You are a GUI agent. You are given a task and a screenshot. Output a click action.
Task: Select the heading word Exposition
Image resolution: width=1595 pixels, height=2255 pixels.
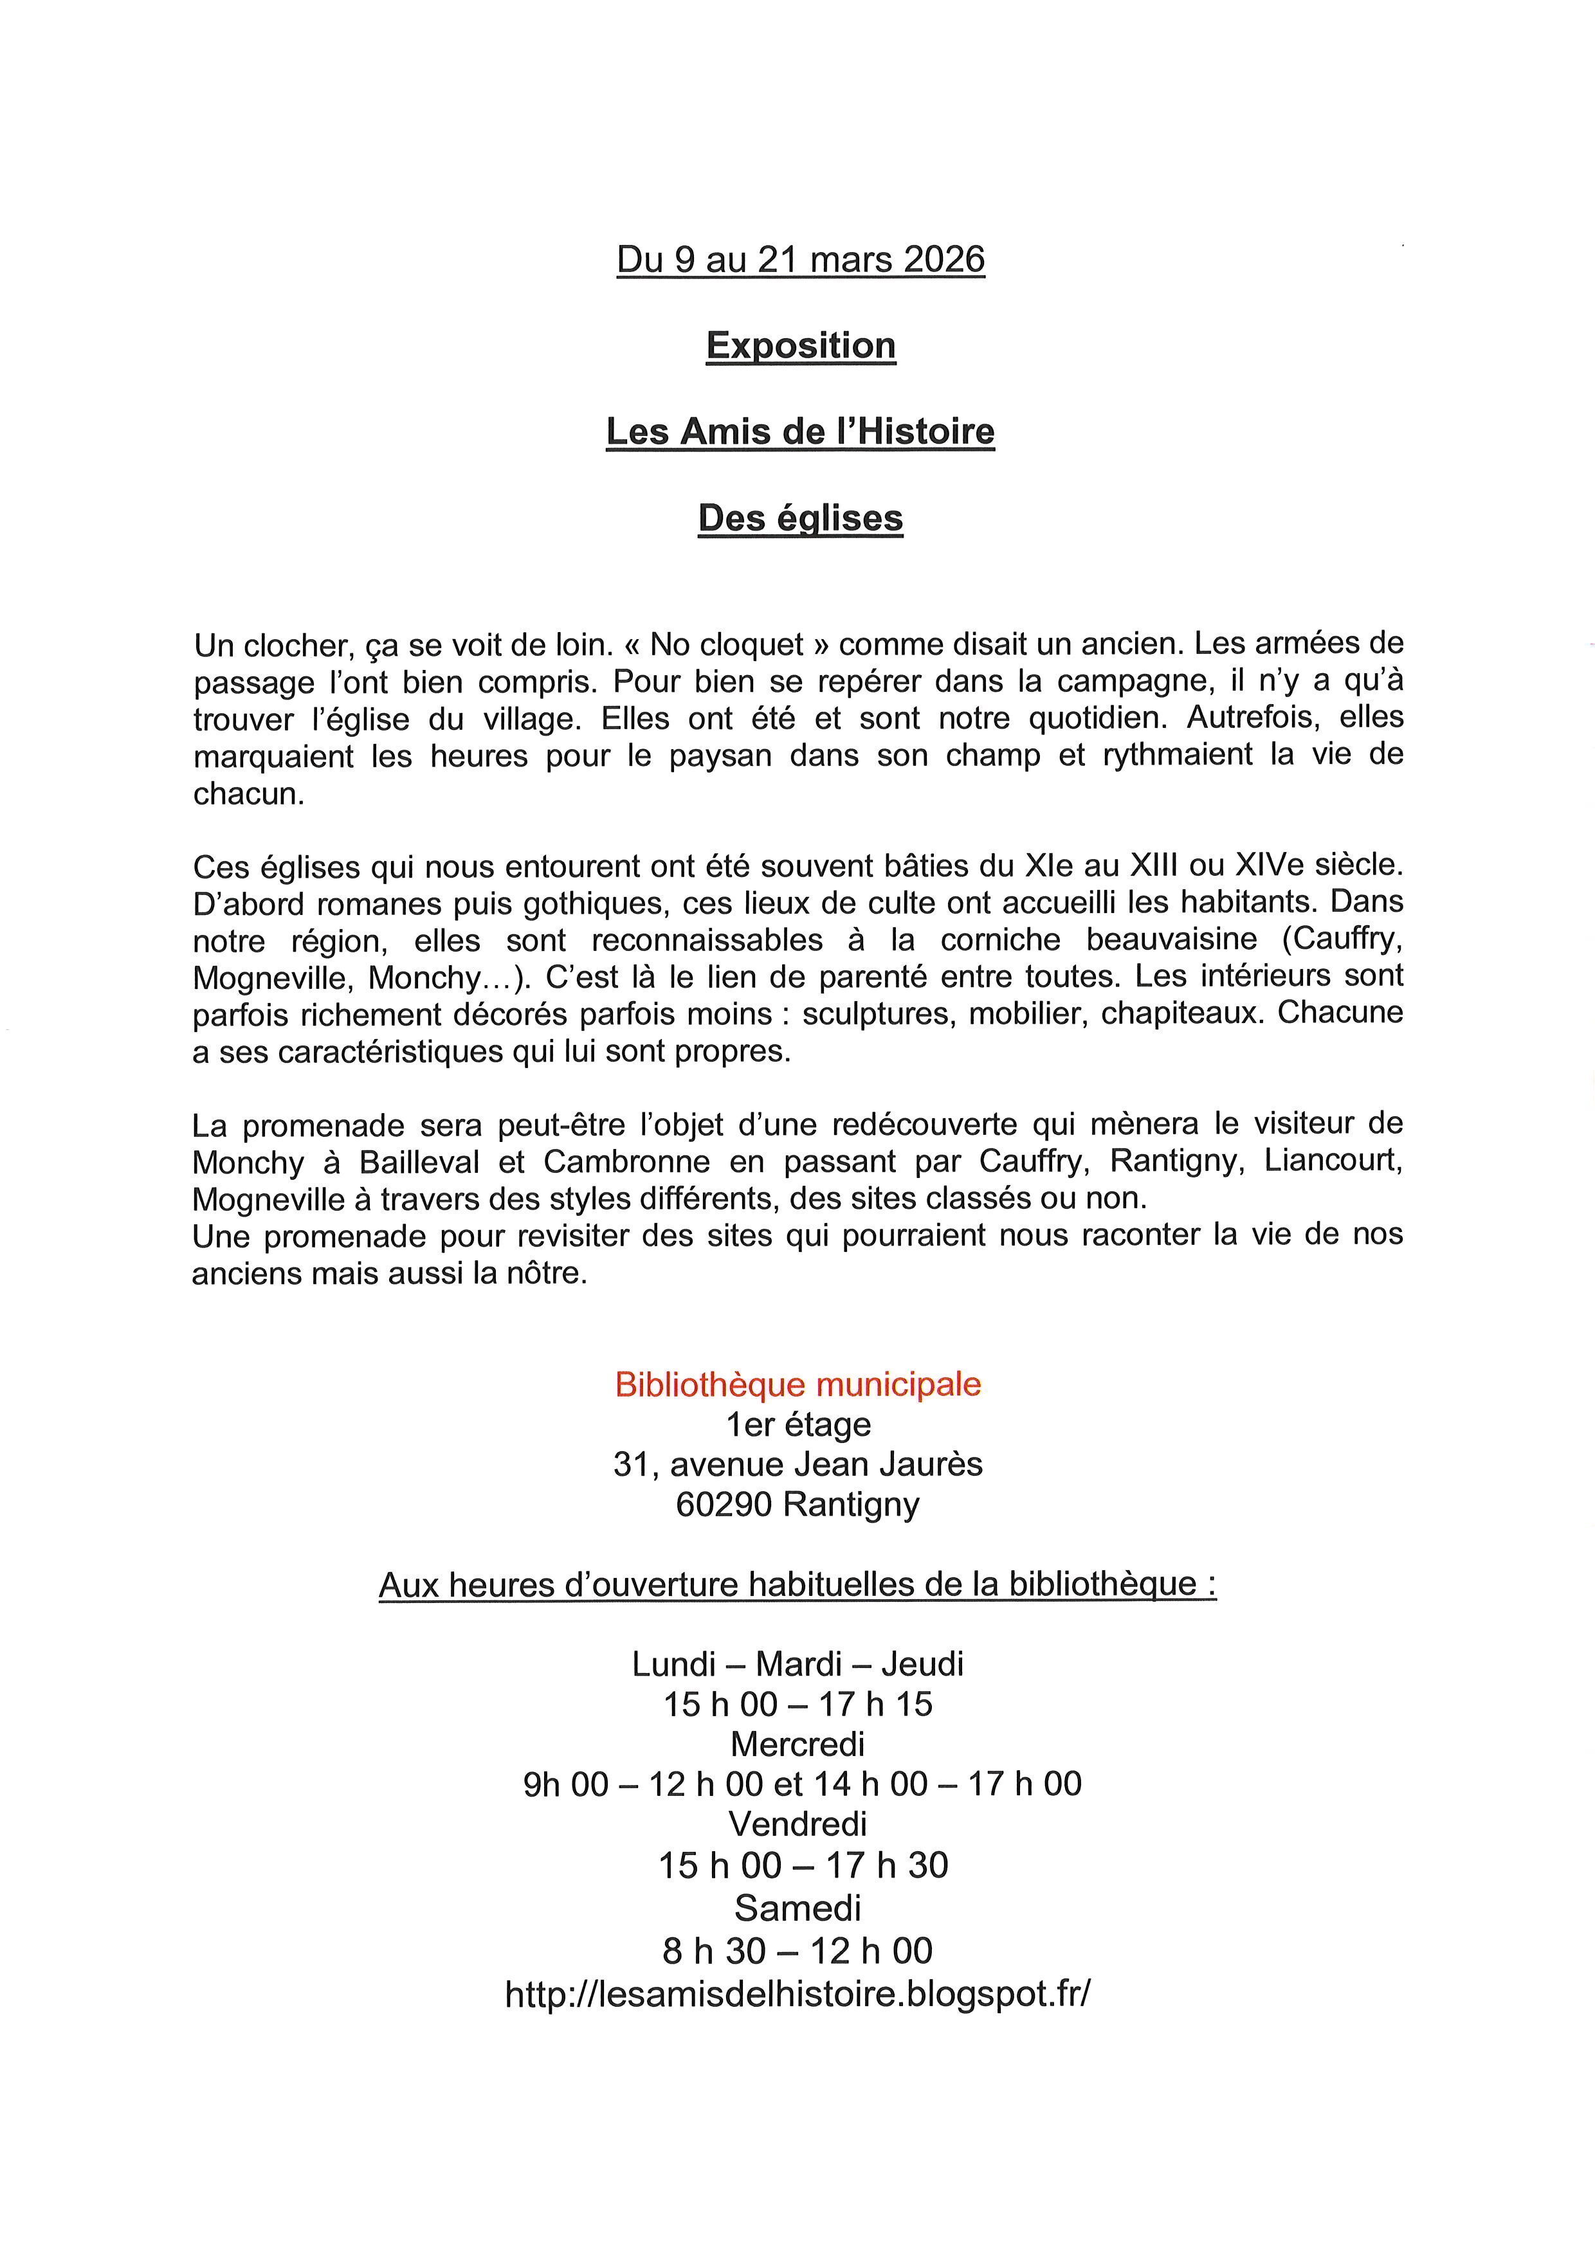click(x=801, y=346)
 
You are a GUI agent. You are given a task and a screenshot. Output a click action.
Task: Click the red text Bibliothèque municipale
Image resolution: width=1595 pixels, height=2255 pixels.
click(x=797, y=1384)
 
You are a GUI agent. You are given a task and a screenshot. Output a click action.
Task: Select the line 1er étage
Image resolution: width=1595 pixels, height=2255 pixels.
click(x=797, y=1424)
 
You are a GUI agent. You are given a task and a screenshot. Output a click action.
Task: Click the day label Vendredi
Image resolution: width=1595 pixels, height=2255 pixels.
click(x=797, y=1824)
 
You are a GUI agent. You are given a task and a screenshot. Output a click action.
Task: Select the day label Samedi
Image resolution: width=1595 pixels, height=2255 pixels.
click(x=797, y=1907)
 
